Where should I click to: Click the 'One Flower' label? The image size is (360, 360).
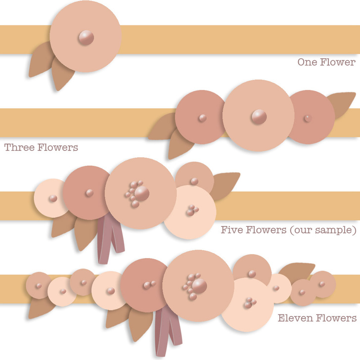pos(326,62)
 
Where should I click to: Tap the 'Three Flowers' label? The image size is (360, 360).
pos(41,147)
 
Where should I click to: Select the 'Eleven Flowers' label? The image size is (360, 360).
pos(317,318)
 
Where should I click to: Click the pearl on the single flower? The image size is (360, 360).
pos(86,38)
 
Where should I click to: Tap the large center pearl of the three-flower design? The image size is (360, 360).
pos(259,117)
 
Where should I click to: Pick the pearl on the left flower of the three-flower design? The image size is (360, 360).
pos(202,118)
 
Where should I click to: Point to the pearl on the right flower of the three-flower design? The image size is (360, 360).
pos(308,119)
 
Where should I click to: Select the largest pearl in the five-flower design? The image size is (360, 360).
pos(142,193)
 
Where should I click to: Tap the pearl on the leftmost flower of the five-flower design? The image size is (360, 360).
pos(53,199)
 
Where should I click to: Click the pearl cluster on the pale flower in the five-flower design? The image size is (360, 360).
pos(191,211)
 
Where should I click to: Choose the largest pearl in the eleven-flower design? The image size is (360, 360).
pos(199,285)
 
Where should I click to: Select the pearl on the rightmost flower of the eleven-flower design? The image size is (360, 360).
pos(322,284)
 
